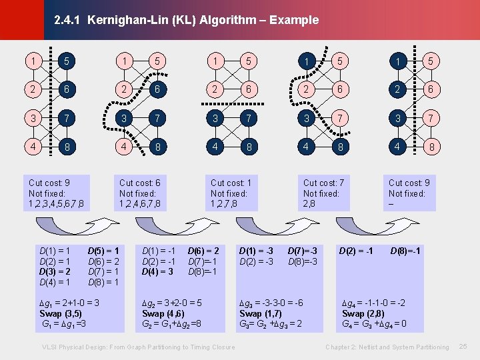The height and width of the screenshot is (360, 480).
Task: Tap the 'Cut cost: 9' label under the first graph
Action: (x=49, y=183)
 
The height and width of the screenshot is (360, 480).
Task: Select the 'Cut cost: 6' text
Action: (x=139, y=183)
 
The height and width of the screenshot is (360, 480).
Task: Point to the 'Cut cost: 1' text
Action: (x=231, y=183)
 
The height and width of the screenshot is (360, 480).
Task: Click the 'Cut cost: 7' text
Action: (x=323, y=183)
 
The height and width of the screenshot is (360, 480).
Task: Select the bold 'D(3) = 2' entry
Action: (x=55, y=273)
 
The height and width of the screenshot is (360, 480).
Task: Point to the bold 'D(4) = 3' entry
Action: (x=158, y=272)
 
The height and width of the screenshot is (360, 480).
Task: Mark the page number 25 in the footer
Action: (x=463, y=347)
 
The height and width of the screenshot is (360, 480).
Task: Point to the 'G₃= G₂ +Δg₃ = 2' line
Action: (x=271, y=324)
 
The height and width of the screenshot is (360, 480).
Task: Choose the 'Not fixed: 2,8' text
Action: (x=321, y=199)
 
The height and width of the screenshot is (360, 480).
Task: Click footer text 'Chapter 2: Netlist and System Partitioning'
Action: (x=387, y=347)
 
